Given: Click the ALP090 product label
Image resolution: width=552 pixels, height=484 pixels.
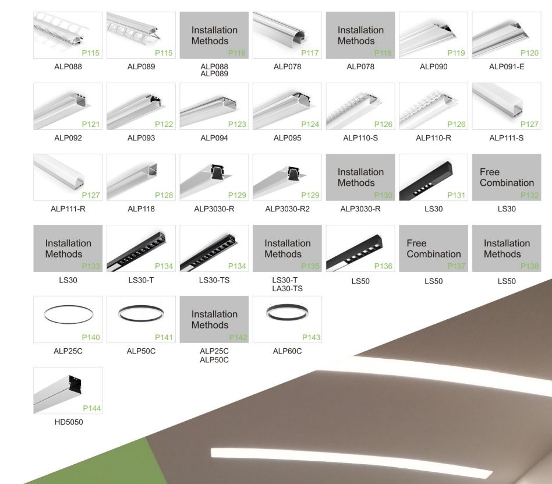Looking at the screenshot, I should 433,66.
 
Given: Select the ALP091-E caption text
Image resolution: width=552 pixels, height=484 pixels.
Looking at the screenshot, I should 507,66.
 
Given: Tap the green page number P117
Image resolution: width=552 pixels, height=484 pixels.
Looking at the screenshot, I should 310,54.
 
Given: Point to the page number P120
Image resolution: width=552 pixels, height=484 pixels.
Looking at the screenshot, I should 529,54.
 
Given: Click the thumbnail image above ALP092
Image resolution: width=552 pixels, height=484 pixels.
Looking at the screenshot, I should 68,106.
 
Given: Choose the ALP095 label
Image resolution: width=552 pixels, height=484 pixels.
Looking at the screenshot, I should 287,138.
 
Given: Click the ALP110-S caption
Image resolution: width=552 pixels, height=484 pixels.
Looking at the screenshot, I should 360,138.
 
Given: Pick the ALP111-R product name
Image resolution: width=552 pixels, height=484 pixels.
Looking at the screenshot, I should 68,209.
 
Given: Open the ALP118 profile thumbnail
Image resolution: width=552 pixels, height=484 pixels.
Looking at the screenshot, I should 141,177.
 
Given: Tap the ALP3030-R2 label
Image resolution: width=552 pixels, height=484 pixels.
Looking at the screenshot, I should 287,209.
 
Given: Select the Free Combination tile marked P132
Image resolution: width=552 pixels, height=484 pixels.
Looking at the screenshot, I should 507,177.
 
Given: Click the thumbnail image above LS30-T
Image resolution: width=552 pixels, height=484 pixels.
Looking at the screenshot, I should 141,248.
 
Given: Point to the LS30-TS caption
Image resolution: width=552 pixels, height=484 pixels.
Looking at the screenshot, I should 214,280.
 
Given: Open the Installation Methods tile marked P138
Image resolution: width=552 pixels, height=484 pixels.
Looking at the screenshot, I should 507,248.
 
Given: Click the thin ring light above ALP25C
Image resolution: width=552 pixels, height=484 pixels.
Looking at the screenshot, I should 68,315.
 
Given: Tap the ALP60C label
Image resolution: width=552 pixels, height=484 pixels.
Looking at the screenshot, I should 287,351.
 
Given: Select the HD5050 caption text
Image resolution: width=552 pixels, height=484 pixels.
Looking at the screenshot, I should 68,422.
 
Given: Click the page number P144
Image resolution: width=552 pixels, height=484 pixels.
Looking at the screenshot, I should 91,409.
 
